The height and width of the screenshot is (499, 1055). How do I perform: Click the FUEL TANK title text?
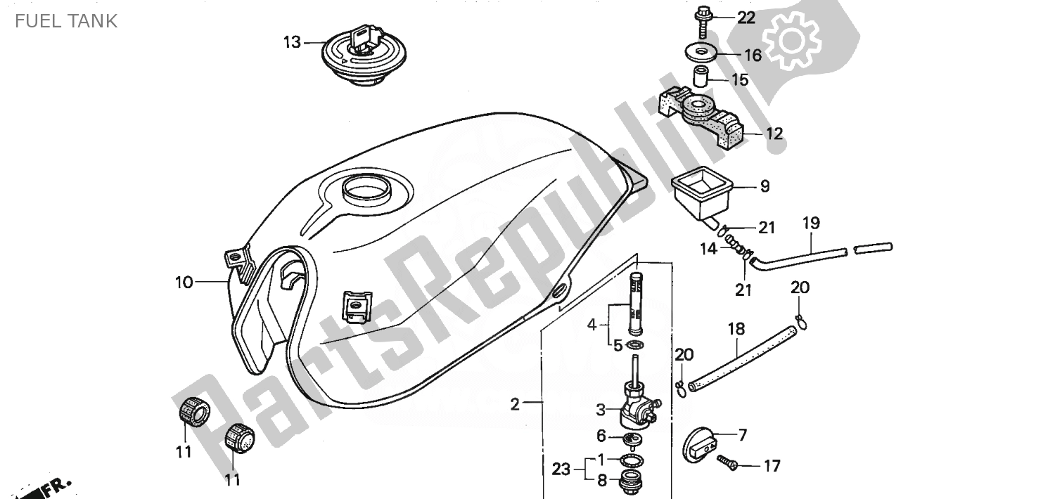[66, 21]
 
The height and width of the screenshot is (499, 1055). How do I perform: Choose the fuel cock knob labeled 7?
[701, 445]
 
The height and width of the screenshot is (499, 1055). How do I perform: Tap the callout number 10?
[184, 283]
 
